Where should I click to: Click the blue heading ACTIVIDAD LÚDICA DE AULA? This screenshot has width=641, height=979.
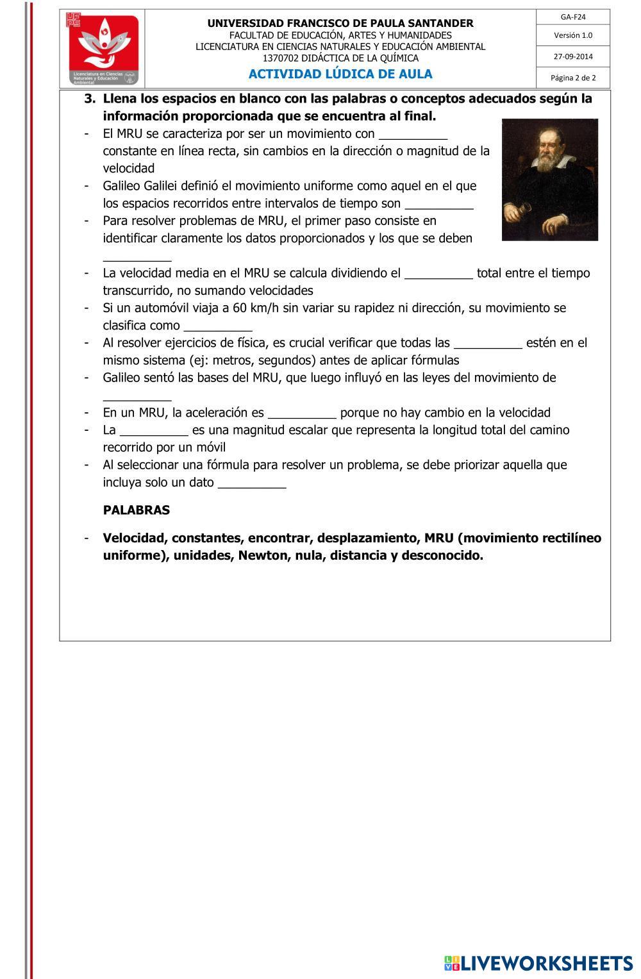340,74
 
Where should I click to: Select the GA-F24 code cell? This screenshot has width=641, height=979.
573,17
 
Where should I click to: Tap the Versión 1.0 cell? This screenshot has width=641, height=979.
573,35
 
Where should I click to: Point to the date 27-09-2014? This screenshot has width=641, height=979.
573,56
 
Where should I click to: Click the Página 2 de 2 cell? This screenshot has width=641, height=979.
573,78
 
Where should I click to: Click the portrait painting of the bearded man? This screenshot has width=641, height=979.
549,180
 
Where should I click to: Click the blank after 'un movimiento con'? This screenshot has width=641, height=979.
413,135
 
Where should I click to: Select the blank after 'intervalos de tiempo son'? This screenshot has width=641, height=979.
439,205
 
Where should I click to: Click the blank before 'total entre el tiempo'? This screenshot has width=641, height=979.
439,274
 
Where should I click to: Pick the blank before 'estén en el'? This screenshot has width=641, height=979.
488,344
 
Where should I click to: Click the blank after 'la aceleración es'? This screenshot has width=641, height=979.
302,414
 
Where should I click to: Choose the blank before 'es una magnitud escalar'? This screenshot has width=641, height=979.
154,431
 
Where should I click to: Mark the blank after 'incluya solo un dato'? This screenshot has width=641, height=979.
252,483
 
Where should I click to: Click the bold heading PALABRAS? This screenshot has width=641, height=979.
137,510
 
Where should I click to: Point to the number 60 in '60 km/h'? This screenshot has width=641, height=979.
240,308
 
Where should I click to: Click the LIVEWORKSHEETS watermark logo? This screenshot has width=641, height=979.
538,962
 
